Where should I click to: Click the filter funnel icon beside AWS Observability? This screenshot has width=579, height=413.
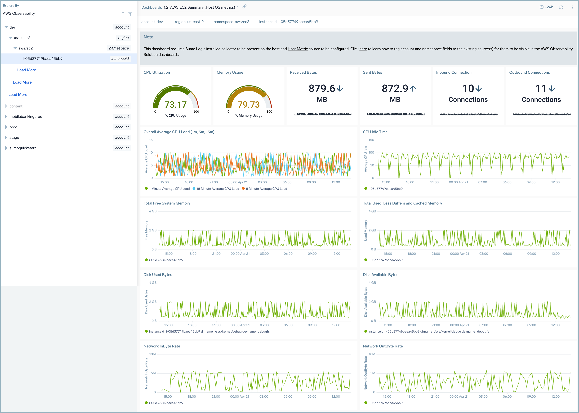(130, 13)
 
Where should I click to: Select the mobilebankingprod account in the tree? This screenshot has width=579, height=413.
(26, 116)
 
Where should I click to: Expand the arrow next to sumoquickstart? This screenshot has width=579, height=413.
(6, 148)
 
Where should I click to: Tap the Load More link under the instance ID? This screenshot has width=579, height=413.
(26, 70)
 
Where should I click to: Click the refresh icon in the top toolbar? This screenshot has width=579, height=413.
(561, 7)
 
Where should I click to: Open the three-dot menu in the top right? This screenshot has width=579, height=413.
(572, 7)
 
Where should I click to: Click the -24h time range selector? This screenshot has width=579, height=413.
(547, 7)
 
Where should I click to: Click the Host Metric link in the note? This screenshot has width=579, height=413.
(297, 49)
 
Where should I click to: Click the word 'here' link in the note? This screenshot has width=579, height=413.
(363, 49)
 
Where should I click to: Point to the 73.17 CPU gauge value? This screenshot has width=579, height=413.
(175, 105)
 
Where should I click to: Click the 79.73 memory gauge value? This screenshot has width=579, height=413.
(249, 105)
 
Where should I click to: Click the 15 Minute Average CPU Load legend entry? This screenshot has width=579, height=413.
(218, 189)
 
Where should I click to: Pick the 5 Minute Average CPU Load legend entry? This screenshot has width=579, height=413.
(266, 189)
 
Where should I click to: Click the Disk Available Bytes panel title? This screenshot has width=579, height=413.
(380, 275)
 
